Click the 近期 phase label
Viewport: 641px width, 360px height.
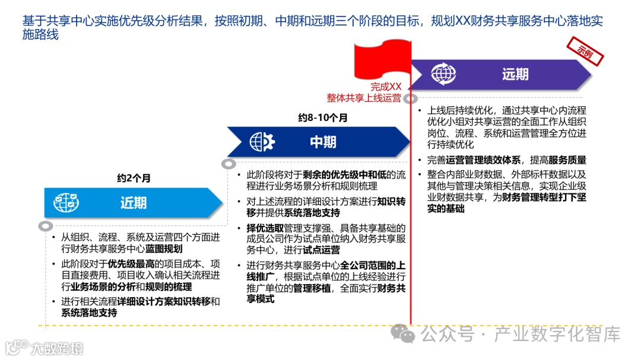point(134,203)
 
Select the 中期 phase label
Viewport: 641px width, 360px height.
point(323,142)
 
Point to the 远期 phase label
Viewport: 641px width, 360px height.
point(515,74)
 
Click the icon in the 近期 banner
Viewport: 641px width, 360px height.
point(66,203)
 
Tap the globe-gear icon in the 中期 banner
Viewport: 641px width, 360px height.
point(262,142)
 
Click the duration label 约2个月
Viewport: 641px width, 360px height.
point(134,178)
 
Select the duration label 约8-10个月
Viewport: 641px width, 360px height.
point(323,117)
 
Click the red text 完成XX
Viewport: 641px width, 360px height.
point(386,87)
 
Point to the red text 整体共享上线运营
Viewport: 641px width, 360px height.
point(364,98)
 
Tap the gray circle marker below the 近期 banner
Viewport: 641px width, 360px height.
point(45,226)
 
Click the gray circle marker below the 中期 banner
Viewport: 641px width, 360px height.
point(229,164)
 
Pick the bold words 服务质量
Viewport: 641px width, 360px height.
point(567,160)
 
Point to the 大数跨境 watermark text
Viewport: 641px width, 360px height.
point(58,348)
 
